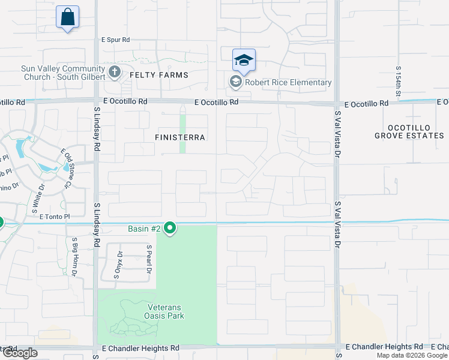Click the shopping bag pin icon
pyautogui.click(x=67, y=17)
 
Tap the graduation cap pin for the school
pyautogui.click(x=244, y=61)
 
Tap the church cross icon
pyautogui.click(x=115, y=73)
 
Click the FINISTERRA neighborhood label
pyautogui.click(x=179, y=137)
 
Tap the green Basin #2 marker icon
pyautogui.click(x=170, y=228)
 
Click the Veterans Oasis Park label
pyautogui.click(x=164, y=311)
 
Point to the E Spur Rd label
pyautogui.click(x=115, y=40)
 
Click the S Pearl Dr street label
pyautogui.click(x=149, y=259)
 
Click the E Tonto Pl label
pyautogui.click(x=55, y=216)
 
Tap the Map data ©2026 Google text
pyautogui.click(x=411, y=355)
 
